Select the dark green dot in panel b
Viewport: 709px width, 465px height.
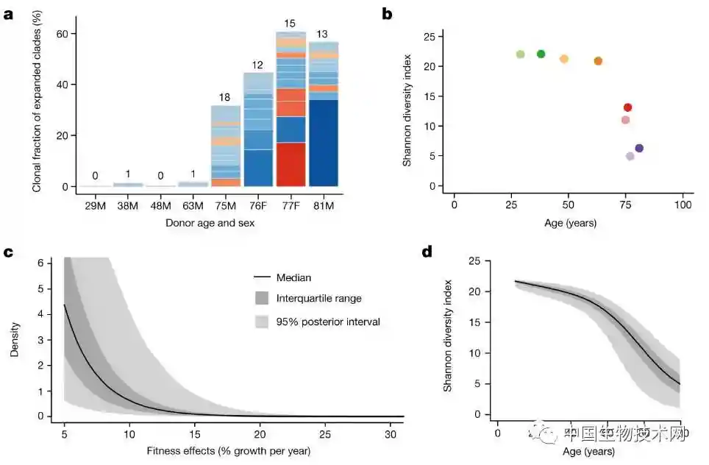coord(541,54)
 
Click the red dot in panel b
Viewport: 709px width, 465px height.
coord(627,107)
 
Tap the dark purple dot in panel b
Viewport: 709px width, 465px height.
coord(639,148)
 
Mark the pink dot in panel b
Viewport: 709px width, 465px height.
coord(625,120)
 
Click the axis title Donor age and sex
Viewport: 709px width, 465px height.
coord(210,222)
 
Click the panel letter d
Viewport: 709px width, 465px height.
coord(427,252)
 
